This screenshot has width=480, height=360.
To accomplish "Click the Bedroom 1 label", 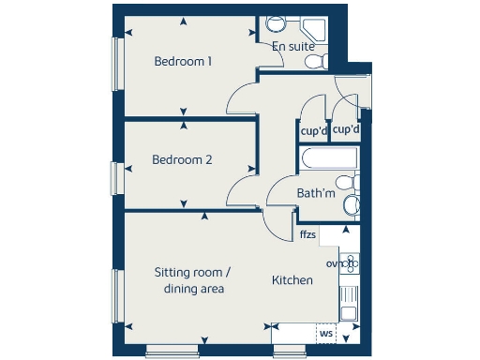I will (x=183, y=62).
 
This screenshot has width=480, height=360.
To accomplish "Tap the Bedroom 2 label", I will (x=182, y=160).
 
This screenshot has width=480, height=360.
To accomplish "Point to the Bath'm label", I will (x=315, y=193).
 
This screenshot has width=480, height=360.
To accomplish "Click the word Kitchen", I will (x=292, y=280).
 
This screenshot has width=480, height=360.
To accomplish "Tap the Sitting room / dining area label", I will (x=192, y=281).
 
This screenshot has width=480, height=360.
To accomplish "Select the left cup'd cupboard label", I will (x=312, y=130).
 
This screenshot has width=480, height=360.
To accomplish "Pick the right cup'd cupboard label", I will (x=347, y=129).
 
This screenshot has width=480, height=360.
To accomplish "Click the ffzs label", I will (x=307, y=235).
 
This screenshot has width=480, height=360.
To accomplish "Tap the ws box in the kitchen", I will (x=326, y=332).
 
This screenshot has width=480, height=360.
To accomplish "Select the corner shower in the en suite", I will (x=277, y=25).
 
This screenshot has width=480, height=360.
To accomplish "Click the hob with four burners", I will (x=349, y=264).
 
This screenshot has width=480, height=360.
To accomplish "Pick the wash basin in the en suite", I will (x=318, y=25).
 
